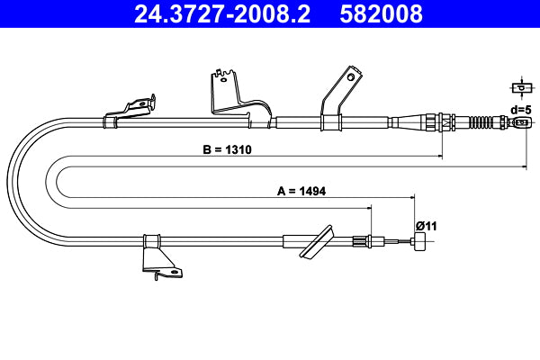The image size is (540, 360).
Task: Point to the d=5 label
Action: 520,109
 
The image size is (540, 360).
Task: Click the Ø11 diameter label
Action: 426,225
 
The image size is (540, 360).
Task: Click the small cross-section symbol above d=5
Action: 519,87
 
